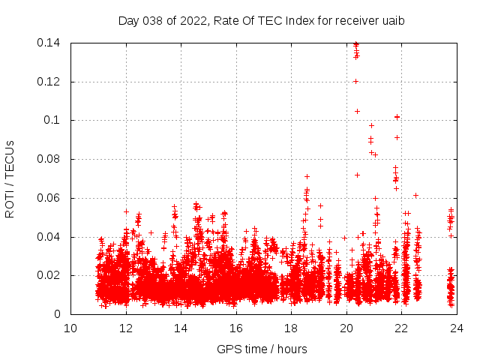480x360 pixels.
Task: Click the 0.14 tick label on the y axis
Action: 50,43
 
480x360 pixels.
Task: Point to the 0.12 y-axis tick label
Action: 50,82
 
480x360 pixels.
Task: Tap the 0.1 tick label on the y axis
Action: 53,121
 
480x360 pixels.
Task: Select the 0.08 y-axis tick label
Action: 50,160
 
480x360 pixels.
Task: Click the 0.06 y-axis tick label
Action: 50,199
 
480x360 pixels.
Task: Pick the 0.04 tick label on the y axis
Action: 50,238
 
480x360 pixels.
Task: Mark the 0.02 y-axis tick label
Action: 50,276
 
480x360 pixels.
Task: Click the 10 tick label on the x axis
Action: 70,328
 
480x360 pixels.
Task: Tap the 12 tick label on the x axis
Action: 126,328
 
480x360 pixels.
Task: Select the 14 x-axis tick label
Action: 181,328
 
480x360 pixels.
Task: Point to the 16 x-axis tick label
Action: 236,328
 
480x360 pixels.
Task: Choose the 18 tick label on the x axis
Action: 291,328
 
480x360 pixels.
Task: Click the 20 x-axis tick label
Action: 346,328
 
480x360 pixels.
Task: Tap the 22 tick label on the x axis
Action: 401,328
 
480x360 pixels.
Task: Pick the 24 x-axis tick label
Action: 457,328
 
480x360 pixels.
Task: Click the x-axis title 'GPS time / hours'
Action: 262,349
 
